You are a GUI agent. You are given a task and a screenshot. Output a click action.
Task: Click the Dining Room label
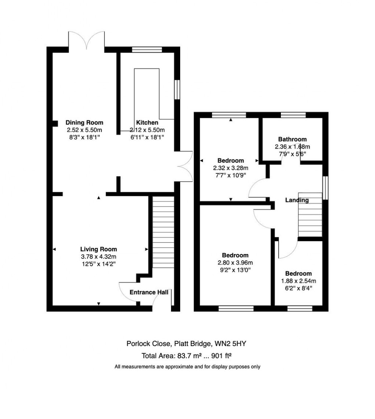point(84,123)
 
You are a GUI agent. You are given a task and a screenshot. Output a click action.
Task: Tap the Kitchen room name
point(147,123)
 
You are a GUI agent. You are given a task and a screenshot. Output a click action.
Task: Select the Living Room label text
point(99,249)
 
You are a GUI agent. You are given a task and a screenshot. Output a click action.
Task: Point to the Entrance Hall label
point(149,292)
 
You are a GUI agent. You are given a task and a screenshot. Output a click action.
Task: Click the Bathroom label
point(292,139)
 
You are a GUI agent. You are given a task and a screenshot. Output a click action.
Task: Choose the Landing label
point(297,200)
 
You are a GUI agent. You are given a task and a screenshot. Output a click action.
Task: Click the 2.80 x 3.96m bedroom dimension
point(235,263)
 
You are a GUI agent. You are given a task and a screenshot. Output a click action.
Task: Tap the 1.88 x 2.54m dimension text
point(299,281)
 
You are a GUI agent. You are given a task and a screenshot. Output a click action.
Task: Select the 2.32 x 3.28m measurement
point(231,168)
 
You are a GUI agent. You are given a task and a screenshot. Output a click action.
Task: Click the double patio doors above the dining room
point(86,41)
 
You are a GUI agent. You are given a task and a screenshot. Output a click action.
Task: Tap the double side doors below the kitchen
point(185,166)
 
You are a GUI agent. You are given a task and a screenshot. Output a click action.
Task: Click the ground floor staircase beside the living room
point(163,232)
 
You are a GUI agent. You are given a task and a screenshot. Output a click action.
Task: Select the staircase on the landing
point(310,215)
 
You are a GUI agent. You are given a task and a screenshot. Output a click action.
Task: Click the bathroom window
point(293,115)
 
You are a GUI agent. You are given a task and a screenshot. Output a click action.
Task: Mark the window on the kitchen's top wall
point(147,50)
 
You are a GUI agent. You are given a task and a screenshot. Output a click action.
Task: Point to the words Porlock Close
point(149,344)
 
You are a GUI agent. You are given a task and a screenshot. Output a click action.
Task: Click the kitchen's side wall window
point(177,90)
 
